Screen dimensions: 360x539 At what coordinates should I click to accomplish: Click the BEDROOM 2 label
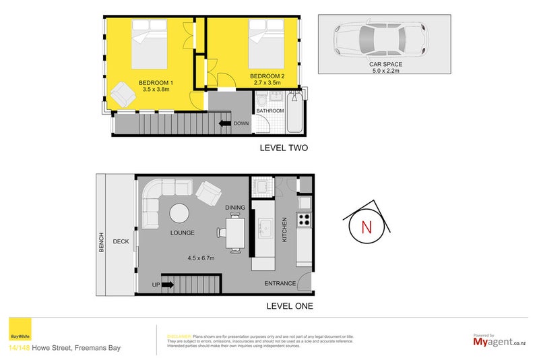click(x=266, y=76)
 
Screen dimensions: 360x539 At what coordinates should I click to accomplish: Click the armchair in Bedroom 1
click(x=123, y=93)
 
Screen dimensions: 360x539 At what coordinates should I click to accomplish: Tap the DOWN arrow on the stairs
click(x=222, y=123)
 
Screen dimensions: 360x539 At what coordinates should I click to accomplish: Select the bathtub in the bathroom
click(x=294, y=113)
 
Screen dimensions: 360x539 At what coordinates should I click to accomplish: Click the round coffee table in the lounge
click(x=180, y=213)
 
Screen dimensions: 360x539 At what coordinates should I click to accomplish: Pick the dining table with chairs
click(x=233, y=232)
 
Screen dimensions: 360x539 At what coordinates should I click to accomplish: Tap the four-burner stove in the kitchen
click(x=305, y=219)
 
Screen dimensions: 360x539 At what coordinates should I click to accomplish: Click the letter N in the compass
click(x=367, y=227)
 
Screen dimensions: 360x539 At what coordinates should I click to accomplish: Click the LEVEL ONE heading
click(x=284, y=306)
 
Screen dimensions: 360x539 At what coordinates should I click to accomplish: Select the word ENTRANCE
click(x=279, y=284)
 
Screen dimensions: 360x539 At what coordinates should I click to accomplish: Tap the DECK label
click(x=121, y=241)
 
